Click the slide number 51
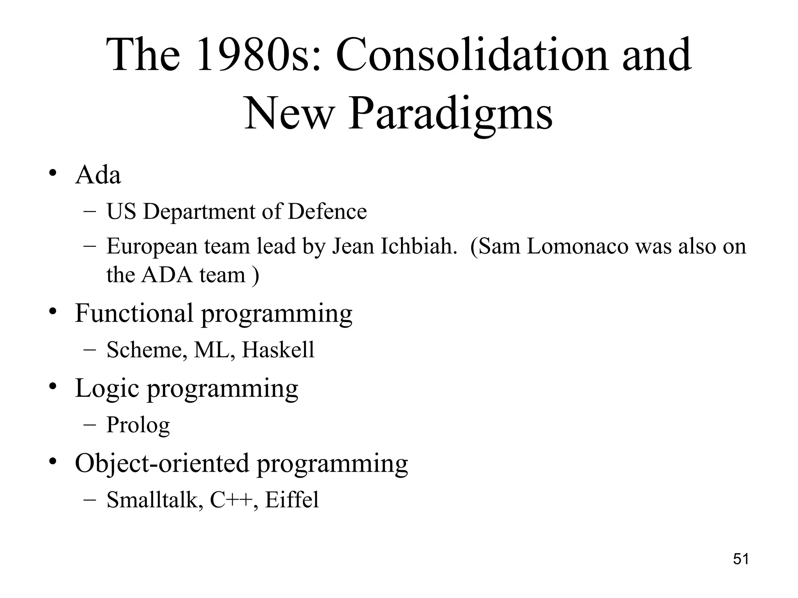741,559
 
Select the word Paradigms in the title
450,114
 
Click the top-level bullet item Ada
98,175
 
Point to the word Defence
327,212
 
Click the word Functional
134,313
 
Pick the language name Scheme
145,350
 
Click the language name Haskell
278,350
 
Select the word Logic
107,389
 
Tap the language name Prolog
138,425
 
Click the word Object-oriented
162,463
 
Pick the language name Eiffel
292,500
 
